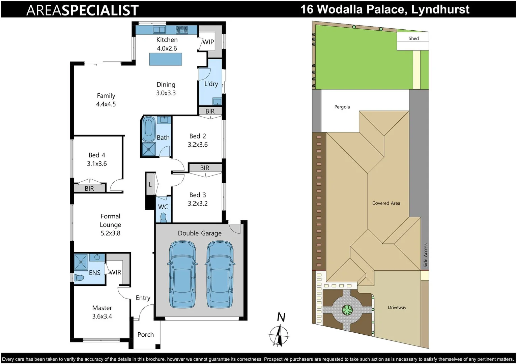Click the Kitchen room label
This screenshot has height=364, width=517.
(x=167, y=40)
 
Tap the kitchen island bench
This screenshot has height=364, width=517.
(x=166, y=59)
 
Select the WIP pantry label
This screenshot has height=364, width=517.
(x=208, y=42)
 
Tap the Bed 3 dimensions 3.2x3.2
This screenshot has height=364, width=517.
(x=198, y=204)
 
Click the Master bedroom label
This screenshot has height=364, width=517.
(x=102, y=308)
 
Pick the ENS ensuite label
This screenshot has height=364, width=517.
(x=94, y=273)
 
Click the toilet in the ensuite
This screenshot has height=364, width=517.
(x=79, y=278)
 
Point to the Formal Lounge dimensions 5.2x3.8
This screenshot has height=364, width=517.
(x=110, y=233)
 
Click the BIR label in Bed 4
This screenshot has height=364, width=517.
(x=89, y=188)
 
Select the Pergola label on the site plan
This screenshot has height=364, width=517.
(x=342, y=107)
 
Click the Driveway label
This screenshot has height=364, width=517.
(x=397, y=307)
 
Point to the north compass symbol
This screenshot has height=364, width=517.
(x=279, y=335)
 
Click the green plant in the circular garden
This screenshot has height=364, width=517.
(x=347, y=309)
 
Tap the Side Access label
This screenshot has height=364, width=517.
(x=426, y=255)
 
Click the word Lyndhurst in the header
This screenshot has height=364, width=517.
(x=440, y=9)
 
